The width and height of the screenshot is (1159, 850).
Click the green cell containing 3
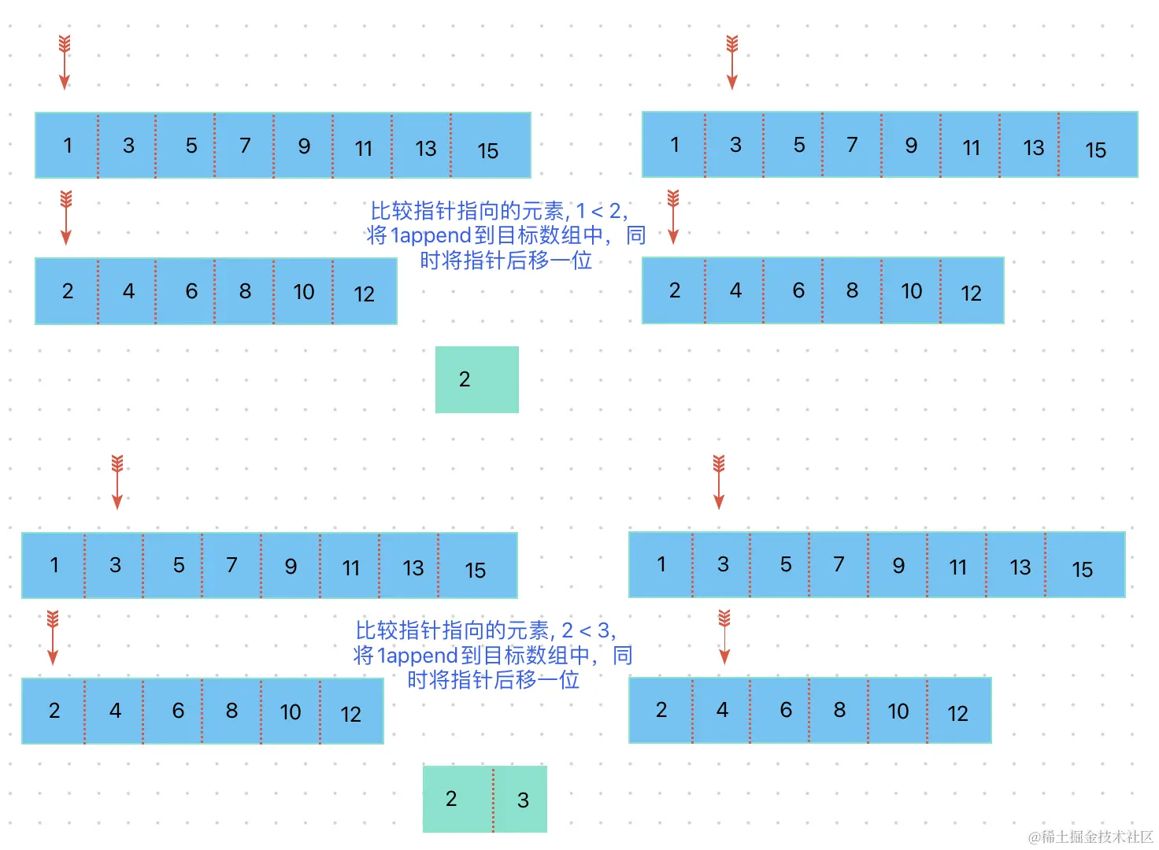(x=521, y=799)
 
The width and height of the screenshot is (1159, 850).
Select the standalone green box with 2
(x=476, y=379)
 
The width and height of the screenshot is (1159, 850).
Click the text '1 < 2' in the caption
(x=599, y=211)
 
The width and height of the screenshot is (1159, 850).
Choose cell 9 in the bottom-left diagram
(x=291, y=566)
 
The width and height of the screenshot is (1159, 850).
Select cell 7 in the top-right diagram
(x=852, y=146)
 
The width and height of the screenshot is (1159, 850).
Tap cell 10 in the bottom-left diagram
(x=291, y=711)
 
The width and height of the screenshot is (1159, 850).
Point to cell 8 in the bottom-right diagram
(x=839, y=711)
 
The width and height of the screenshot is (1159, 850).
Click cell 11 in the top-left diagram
(x=362, y=146)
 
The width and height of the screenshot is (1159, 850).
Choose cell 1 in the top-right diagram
(x=674, y=146)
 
